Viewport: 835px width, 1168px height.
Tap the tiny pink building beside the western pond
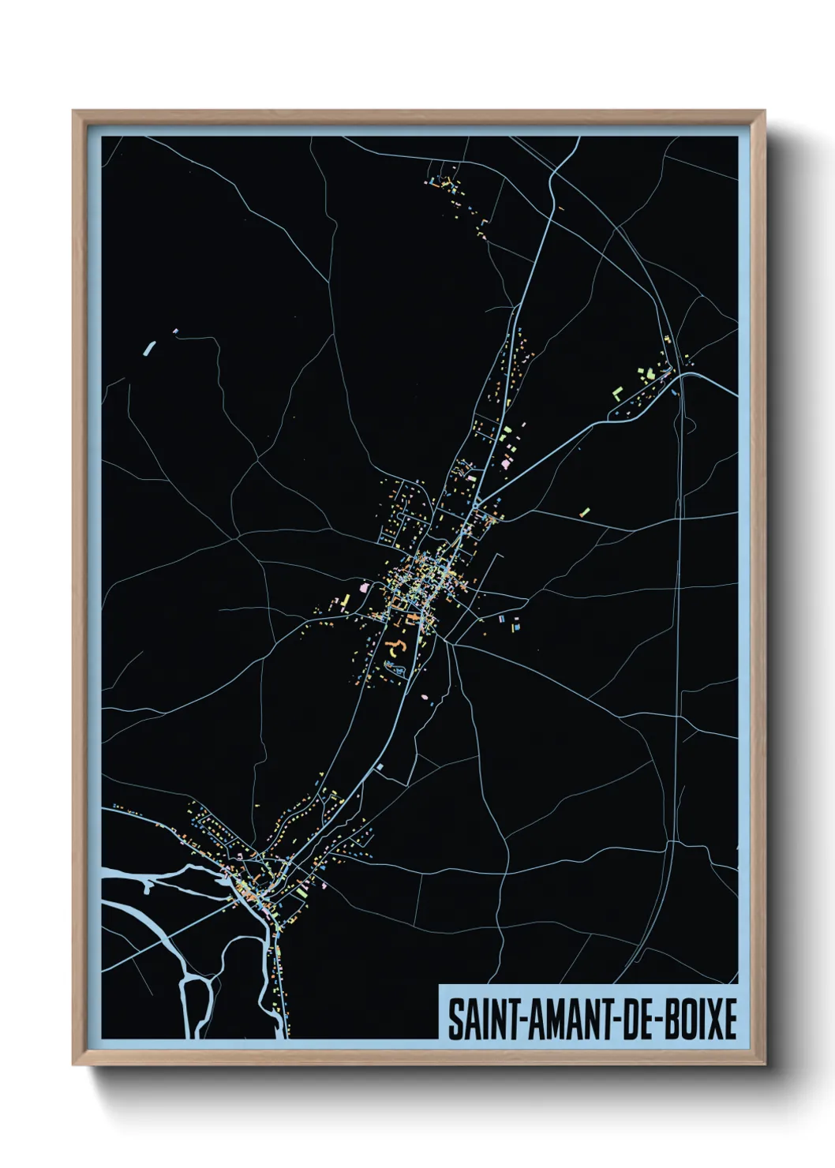(x=175, y=331)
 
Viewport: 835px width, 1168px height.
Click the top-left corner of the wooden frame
(x=73, y=111)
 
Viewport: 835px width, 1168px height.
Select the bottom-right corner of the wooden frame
(x=765, y=1065)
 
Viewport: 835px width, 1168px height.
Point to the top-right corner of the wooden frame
(x=765, y=111)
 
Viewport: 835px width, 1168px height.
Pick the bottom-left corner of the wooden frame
(x=73, y=1065)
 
